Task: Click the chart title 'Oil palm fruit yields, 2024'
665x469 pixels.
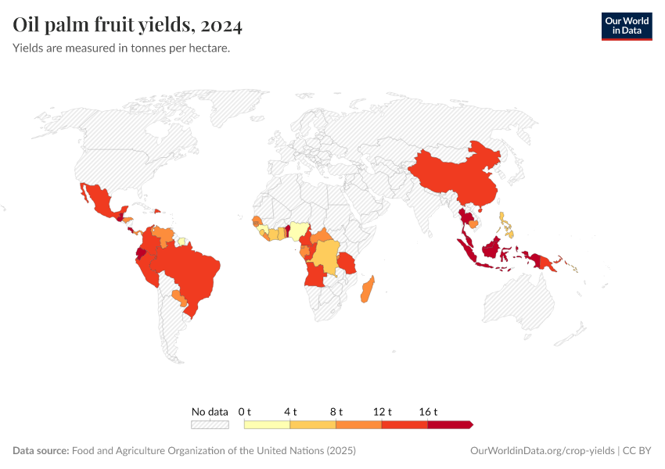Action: pos(128,26)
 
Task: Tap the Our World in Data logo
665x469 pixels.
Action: pos(626,26)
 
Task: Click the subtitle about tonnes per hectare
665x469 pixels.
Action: pos(121,48)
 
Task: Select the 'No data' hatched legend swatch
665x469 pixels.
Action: pos(210,424)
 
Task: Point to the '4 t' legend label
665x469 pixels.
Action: pos(289,411)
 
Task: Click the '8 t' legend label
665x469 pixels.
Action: pos(336,411)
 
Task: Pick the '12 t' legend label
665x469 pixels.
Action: pos(382,411)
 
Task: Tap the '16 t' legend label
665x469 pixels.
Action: pos(428,411)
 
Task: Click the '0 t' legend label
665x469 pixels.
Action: pos(244,411)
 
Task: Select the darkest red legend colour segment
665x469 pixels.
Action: pos(449,424)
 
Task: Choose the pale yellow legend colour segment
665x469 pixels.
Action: pos(267,424)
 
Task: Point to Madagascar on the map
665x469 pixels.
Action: pos(366,289)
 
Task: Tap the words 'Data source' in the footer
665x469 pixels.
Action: pos(41,451)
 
